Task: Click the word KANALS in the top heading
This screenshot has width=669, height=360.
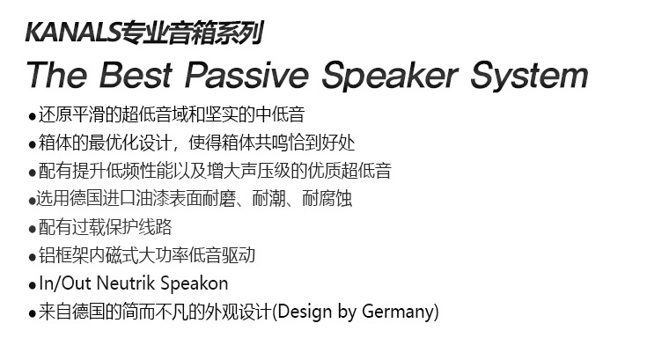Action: coord(73,33)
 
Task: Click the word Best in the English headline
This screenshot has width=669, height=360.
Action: coord(136,75)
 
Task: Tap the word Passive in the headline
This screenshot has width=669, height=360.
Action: coord(247,75)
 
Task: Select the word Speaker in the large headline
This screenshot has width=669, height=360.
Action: coord(390,76)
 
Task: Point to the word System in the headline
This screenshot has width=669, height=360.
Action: coord(530,76)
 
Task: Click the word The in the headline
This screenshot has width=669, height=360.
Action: coord(56,75)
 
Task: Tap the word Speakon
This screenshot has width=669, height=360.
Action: coord(195,284)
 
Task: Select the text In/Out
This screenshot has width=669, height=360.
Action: coord(65,283)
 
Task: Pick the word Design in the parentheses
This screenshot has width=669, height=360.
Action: coord(305,312)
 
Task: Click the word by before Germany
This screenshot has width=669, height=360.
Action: coord(347,312)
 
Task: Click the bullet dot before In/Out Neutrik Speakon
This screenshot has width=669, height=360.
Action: coord(32,285)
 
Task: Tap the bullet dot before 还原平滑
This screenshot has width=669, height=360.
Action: coord(32,116)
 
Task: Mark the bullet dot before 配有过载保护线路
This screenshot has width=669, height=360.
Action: coord(32,229)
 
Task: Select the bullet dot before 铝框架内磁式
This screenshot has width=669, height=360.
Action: coord(32,257)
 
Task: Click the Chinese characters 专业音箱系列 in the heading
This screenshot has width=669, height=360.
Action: coord(192,33)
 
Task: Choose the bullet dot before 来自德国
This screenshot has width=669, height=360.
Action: coord(32,313)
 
